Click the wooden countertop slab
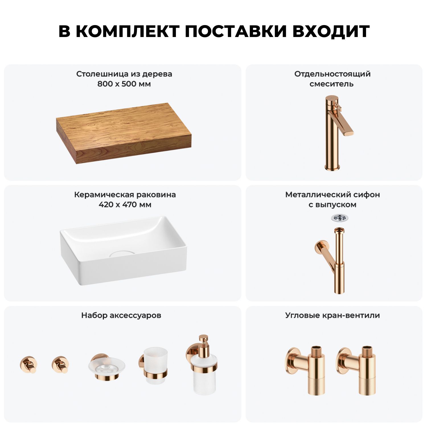point(124,133)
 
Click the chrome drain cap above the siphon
point(340,218)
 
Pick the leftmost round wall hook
point(28,364)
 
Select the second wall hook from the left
point(60,364)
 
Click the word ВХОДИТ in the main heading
point(331,31)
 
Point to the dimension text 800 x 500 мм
point(124,84)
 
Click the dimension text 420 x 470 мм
point(125,205)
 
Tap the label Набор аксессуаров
point(121,315)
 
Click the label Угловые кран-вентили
point(332,315)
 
